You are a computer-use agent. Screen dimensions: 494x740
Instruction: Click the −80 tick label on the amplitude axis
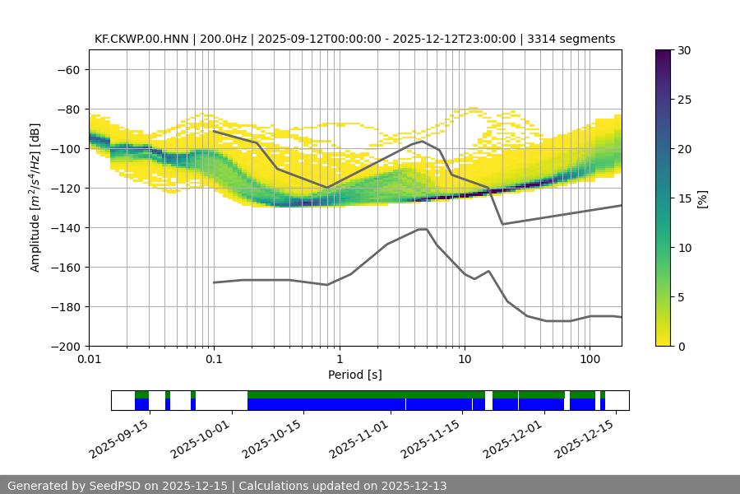coord(67,109)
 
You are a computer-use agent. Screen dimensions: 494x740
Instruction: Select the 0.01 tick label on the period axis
coord(89,359)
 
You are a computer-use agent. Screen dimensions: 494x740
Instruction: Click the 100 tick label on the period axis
coord(590,359)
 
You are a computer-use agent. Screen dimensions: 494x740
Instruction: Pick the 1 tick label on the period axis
coord(339,359)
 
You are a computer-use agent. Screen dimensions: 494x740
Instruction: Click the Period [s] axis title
coord(354,375)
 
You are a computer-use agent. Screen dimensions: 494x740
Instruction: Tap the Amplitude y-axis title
coord(35,198)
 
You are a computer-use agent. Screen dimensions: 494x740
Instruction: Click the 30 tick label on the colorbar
coord(683,50)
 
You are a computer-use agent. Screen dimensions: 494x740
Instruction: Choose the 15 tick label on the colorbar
coord(683,198)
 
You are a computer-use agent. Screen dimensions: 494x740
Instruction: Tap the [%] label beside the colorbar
coord(702,198)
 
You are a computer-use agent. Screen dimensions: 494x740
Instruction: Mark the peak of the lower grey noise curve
coord(423,229)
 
